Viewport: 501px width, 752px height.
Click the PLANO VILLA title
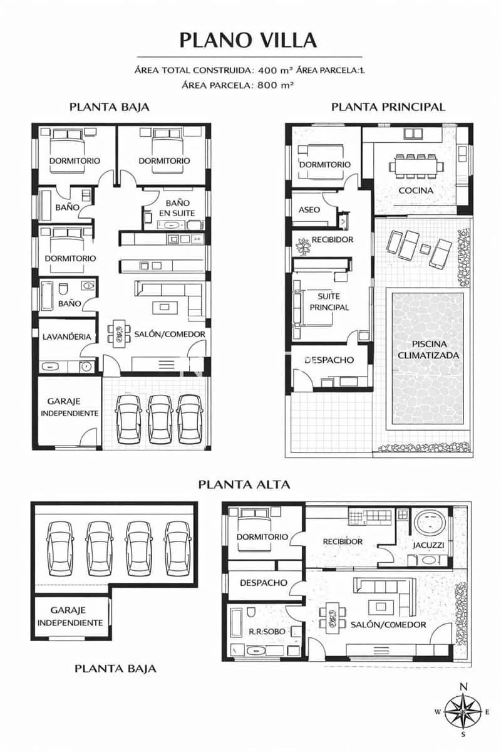248,40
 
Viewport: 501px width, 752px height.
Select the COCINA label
416,190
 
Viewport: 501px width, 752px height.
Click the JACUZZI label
428,545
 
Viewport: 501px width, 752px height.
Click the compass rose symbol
463,711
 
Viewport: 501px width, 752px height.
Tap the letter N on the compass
463,687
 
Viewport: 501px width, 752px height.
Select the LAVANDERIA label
67,337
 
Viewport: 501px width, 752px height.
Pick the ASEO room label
310,209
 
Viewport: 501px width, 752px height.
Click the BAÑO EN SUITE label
177,208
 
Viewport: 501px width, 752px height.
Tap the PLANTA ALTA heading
244,484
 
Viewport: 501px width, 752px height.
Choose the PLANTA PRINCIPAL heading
388,107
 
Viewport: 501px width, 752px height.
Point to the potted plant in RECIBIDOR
304,246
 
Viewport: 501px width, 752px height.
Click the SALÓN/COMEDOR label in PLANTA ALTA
388,624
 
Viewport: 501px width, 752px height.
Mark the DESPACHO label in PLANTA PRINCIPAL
329,360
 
